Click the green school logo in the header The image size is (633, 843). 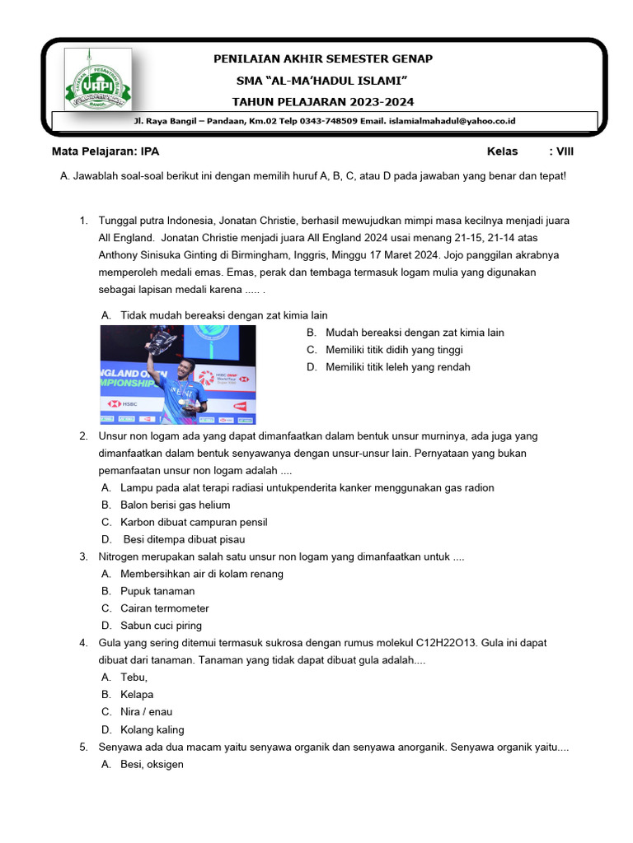point(97,80)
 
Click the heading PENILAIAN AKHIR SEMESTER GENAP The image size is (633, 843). point(323,58)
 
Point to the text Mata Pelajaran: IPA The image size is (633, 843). point(105,151)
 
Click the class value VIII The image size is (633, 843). point(565,151)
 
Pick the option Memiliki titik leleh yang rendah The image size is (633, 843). point(397,367)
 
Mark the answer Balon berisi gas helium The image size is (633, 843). point(175,505)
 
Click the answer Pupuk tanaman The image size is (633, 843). point(157,591)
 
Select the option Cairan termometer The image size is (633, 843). point(164,608)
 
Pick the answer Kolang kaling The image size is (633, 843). point(152,729)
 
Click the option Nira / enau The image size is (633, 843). point(146,712)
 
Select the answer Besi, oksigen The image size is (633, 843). point(152,764)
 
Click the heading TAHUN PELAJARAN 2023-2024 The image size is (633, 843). point(323,101)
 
